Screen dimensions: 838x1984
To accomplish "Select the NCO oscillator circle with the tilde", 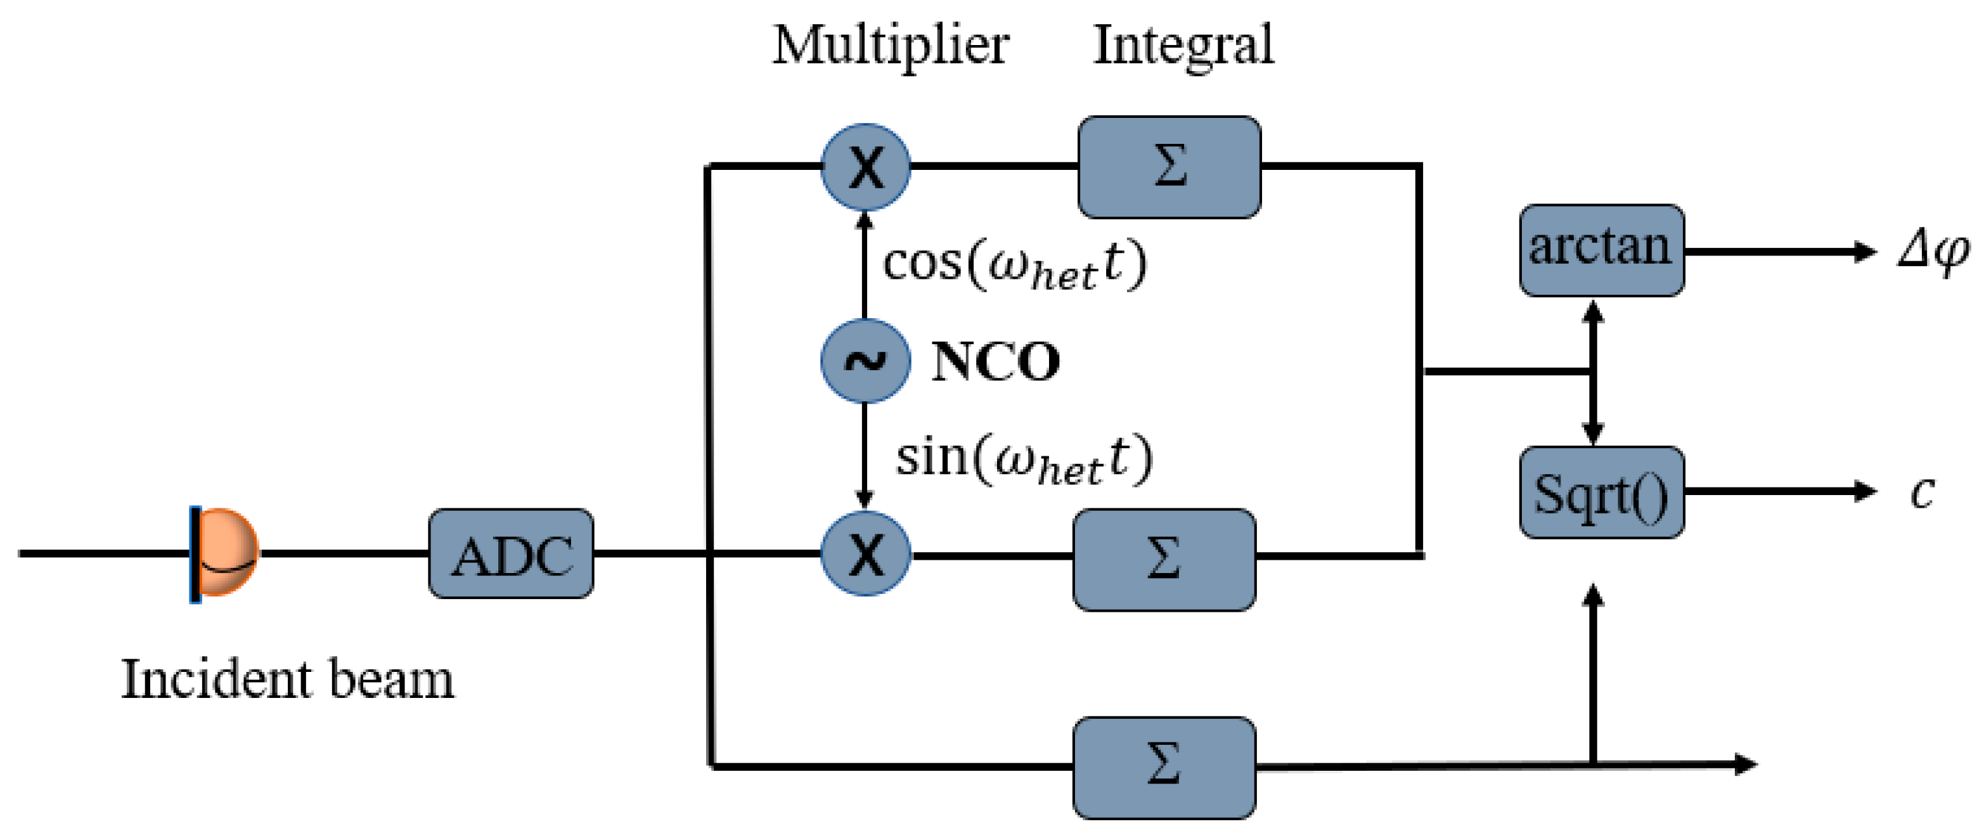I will point(865,361).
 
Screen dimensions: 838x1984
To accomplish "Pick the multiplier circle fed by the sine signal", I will point(865,554).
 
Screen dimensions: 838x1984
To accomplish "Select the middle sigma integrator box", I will point(1164,559).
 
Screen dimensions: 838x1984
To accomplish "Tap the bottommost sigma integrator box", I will point(1164,766).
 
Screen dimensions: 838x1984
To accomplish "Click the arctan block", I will point(1601,250).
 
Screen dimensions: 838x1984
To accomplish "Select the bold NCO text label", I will point(995,361).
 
